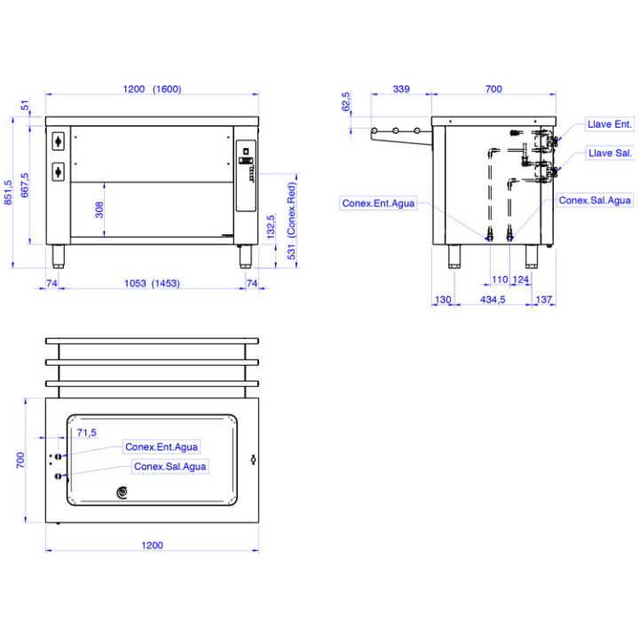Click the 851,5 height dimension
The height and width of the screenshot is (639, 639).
coord(8,193)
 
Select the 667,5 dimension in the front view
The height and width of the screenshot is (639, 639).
coord(25,185)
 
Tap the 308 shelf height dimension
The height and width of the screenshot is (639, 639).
coord(99,209)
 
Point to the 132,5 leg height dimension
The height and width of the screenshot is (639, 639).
coord(271,226)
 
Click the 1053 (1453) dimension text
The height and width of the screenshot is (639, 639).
coord(152,283)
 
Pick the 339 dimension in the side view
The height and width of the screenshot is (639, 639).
coord(401,89)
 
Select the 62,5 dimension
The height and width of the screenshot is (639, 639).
coord(345,101)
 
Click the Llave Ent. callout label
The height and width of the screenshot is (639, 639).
coord(609,124)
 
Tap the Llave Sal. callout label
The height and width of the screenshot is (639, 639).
coord(610,154)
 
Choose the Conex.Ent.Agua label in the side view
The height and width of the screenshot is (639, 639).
coord(378,203)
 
